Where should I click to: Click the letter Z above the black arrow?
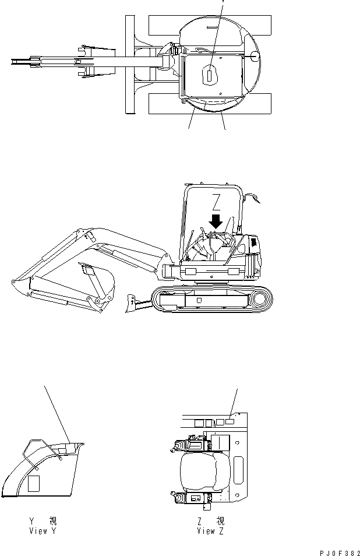coord(216,202)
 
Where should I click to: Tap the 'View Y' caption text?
coord(43,531)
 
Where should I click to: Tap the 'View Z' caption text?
coord(210,531)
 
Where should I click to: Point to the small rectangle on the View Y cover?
coord(34,481)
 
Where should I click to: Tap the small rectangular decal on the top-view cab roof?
coord(209,74)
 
